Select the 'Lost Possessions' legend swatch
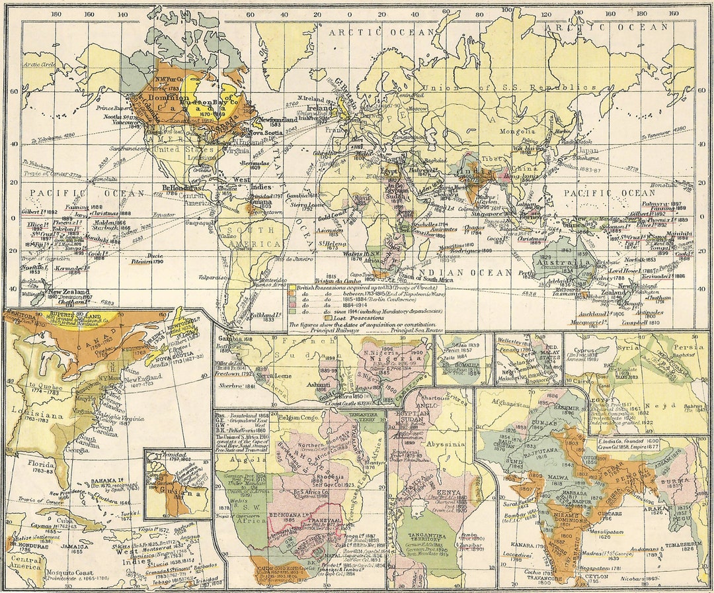pyautogui.click(x=292, y=318)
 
